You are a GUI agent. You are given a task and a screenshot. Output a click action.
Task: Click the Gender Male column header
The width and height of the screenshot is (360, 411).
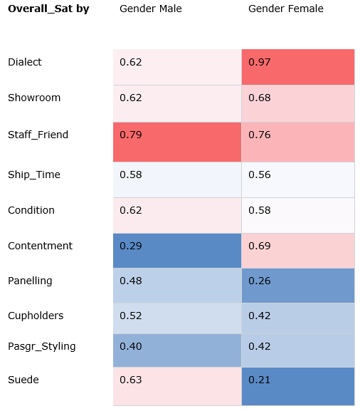click(150, 9)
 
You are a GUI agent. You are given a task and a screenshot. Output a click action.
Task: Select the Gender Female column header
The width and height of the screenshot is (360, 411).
click(285, 9)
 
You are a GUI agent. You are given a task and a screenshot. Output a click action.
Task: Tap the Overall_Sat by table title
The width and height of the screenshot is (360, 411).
click(48, 9)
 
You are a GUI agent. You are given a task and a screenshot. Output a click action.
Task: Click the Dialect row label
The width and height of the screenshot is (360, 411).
click(25, 62)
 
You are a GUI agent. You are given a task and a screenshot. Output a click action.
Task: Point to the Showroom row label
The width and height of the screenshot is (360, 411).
click(34, 98)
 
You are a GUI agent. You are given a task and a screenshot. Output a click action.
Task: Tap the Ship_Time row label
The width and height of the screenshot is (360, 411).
click(34, 175)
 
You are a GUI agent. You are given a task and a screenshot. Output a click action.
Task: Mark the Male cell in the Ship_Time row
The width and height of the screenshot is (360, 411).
click(176, 180)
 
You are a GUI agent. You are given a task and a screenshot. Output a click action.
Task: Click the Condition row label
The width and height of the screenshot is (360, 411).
click(31, 210)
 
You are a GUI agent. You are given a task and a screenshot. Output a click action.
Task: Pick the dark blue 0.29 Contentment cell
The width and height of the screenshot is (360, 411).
click(176, 251)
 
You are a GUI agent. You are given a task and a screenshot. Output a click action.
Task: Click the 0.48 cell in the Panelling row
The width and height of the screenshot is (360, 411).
click(176, 286)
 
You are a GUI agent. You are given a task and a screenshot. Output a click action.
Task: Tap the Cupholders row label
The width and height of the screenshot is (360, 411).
click(36, 316)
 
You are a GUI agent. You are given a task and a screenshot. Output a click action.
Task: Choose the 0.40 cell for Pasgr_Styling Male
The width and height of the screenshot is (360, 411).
click(176, 351)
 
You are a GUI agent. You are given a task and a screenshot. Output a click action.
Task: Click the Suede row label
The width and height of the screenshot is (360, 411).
click(23, 380)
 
